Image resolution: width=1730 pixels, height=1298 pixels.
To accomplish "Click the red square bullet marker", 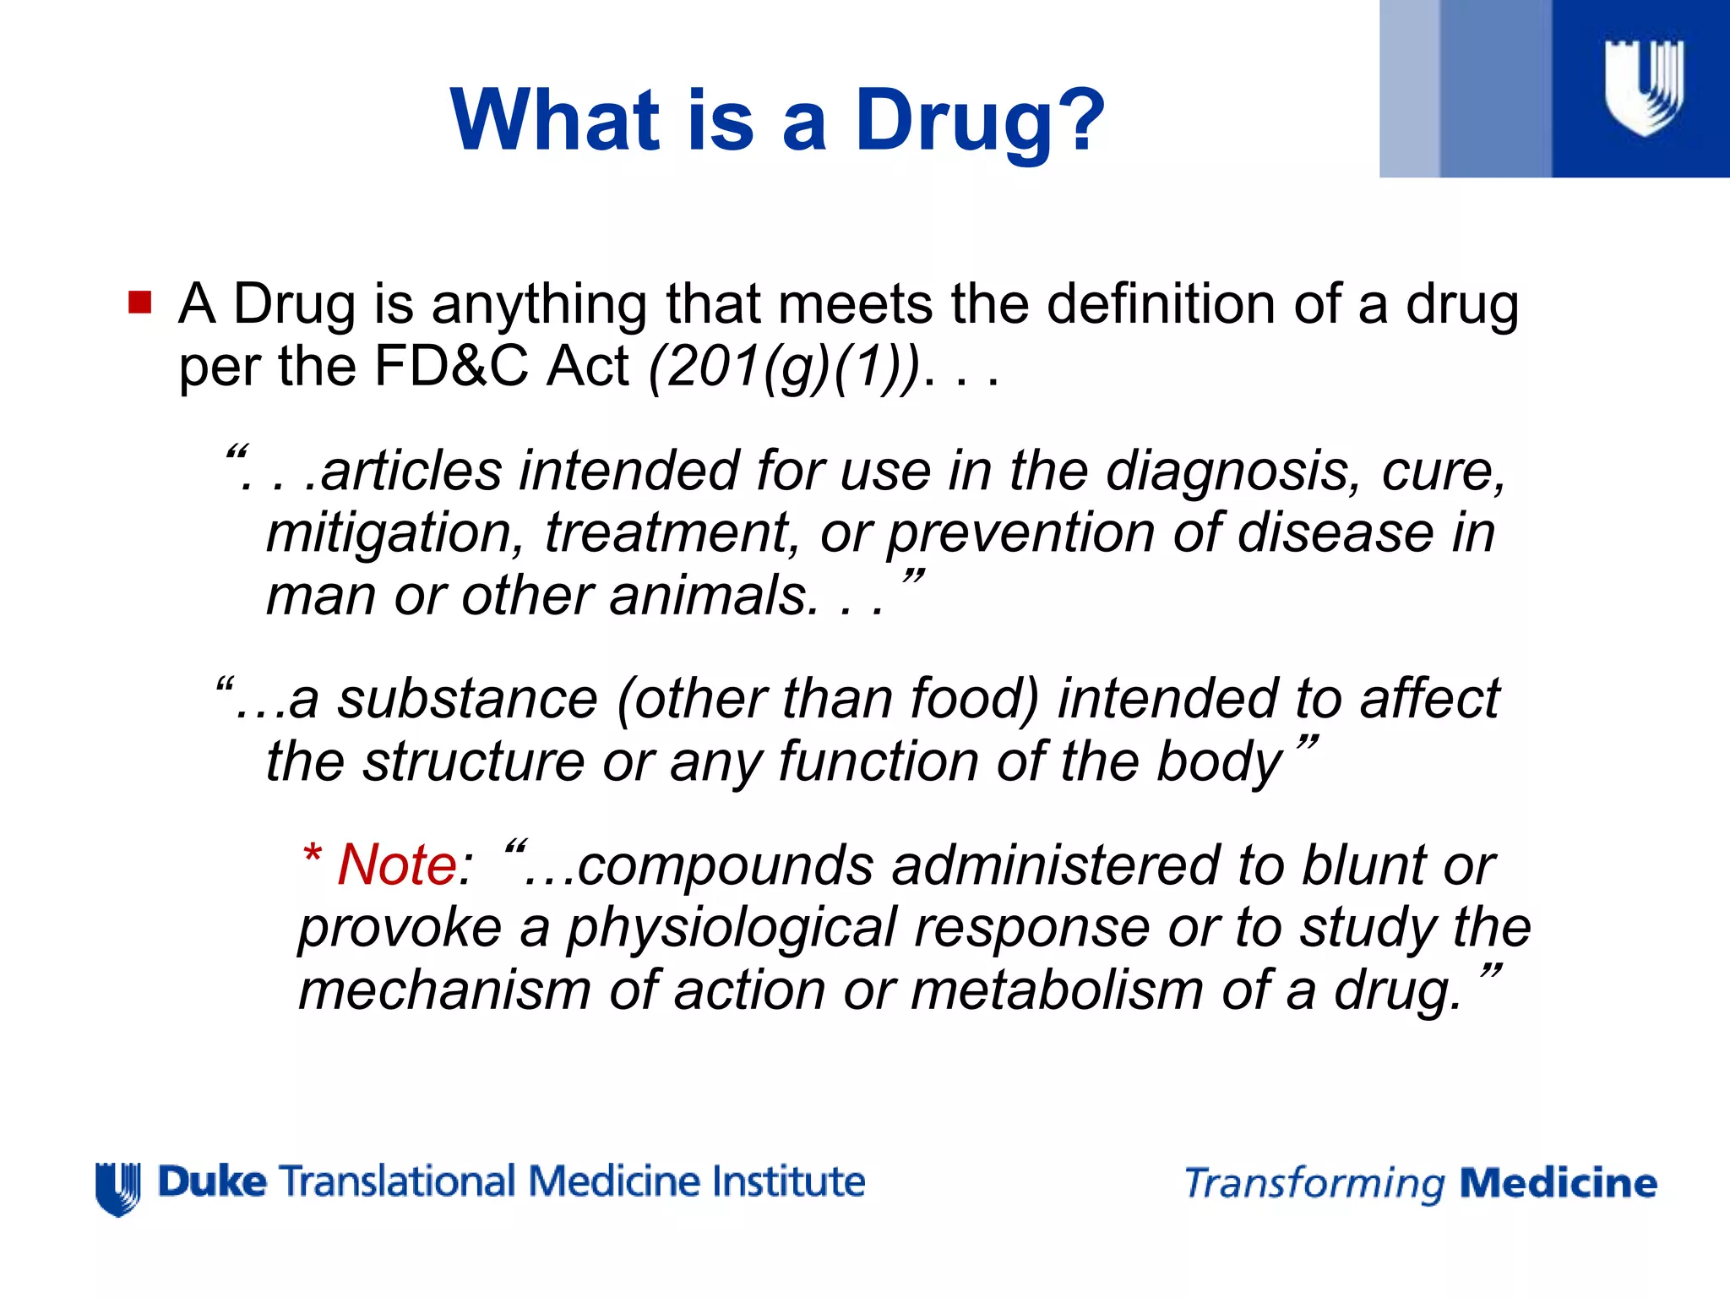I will coord(139,303).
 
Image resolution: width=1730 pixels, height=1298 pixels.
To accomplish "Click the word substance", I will coord(468,700).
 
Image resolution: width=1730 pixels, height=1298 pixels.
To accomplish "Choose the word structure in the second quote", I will coord(473,761).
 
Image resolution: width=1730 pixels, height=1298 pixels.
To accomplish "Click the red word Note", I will coord(397,865).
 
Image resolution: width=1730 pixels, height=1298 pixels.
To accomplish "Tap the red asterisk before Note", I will coord(313,855).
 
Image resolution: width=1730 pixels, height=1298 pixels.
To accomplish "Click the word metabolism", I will coord(1057,990).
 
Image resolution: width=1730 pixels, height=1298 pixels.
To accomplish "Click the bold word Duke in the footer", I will coord(212,1181).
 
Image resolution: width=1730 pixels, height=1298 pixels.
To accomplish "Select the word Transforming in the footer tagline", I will coord(1314,1183).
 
